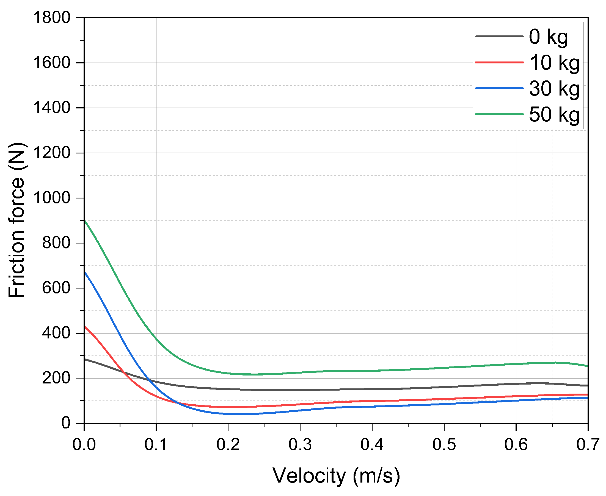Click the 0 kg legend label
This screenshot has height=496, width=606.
pyautogui.click(x=548, y=37)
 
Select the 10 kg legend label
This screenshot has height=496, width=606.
pyautogui.click(x=554, y=63)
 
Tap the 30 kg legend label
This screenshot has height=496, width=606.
pyautogui.click(x=554, y=89)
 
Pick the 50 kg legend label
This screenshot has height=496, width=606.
pyautogui.click(x=554, y=115)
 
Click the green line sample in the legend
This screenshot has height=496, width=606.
pyautogui.click(x=499, y=114)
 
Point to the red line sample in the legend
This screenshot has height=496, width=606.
pyautogui.click(x=499, y=62)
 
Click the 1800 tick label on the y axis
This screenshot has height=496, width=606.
pyautogui.click(x=52, y=18)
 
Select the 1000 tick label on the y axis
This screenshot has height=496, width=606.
pyautogui.click(x=52, y=198)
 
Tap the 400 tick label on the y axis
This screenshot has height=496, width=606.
pyautogui.click(x=56, y=333)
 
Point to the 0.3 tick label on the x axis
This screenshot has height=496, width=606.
pyautogui.click(x=300, y=445)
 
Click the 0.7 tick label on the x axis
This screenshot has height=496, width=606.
pyautogui.click(x=587, y=445)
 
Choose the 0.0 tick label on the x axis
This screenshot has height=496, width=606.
pyautogui.click(x=84, y=445)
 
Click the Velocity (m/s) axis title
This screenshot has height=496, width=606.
pyautogui.click(x=336, y=476)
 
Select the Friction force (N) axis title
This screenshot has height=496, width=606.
pyautogui.click(x=16, y=220)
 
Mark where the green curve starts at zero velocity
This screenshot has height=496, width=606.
pyautogui.click(x=84, y=220)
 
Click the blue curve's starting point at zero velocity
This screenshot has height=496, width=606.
pyautogui.click(x=84, y=272)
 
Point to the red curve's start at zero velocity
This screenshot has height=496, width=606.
pyautogui.click(x=84, y=326)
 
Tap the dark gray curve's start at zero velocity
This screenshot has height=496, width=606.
pyautogui.click(x=84, y=359)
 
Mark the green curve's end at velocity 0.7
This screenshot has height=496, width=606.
pyautogui.click(x=587, y=366)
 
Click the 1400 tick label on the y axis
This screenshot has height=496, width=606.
pyautogui.click(x=52, y=108)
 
